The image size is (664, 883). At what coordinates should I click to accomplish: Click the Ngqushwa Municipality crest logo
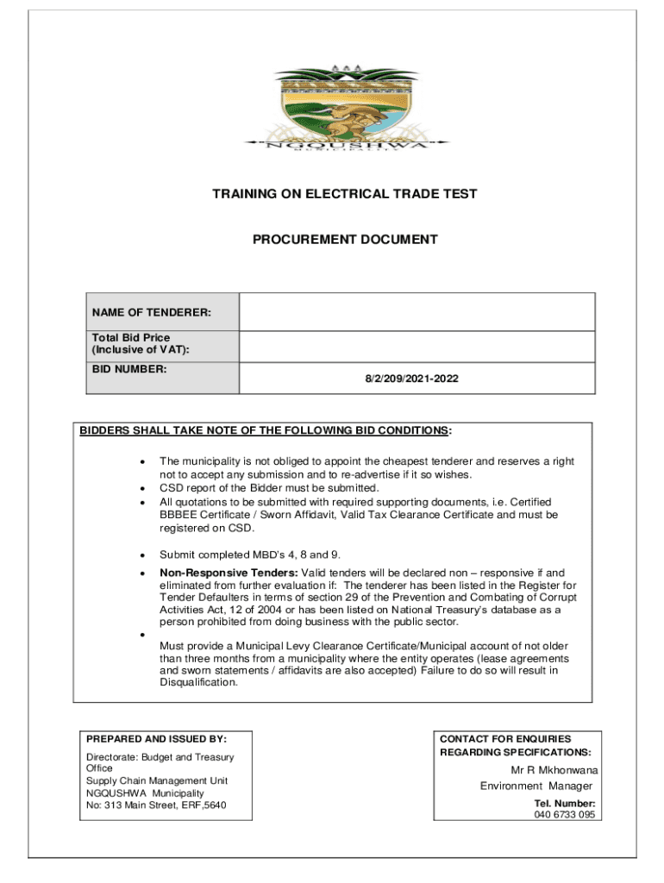click(x=344, y=111)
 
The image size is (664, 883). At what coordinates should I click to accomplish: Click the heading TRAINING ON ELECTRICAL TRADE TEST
click(x=344, y=195)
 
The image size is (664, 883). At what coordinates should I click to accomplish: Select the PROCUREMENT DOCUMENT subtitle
click(x=344, y=240)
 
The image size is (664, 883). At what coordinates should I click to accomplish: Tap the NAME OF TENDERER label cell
click(x=152, y=312)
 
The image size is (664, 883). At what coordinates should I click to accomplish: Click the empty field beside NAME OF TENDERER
click(x=417, y=312)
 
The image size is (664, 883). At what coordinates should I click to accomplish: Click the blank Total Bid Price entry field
click(x=417, y=347)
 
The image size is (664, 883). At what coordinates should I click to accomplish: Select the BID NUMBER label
click(x=129, y=369)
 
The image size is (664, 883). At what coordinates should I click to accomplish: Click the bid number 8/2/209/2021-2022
click(x=417, y=378)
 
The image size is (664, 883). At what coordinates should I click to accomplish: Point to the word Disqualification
click(x=198, y=682)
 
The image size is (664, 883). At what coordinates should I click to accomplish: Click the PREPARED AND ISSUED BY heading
click(x=156, y=739)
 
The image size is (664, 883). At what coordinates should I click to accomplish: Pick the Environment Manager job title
click(x=536, y=786)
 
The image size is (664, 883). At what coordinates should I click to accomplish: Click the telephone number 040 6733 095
click(x=564, y=814)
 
